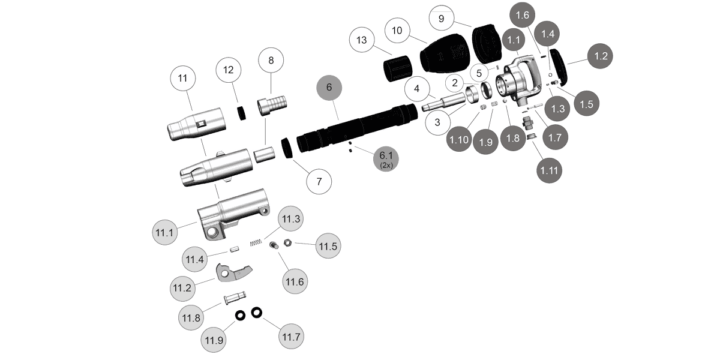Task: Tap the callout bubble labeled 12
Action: [228, 70]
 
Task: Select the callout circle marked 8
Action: [271, 61]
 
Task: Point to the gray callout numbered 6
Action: [328, 88]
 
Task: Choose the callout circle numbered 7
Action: [319, 181]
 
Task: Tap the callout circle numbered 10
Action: [396, 29]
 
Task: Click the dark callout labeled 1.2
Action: [601, 56]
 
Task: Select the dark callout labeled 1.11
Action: [550, 171]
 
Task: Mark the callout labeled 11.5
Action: [328, 246]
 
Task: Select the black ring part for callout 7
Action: [287, 148]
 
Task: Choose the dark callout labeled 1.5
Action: [586, 103]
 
